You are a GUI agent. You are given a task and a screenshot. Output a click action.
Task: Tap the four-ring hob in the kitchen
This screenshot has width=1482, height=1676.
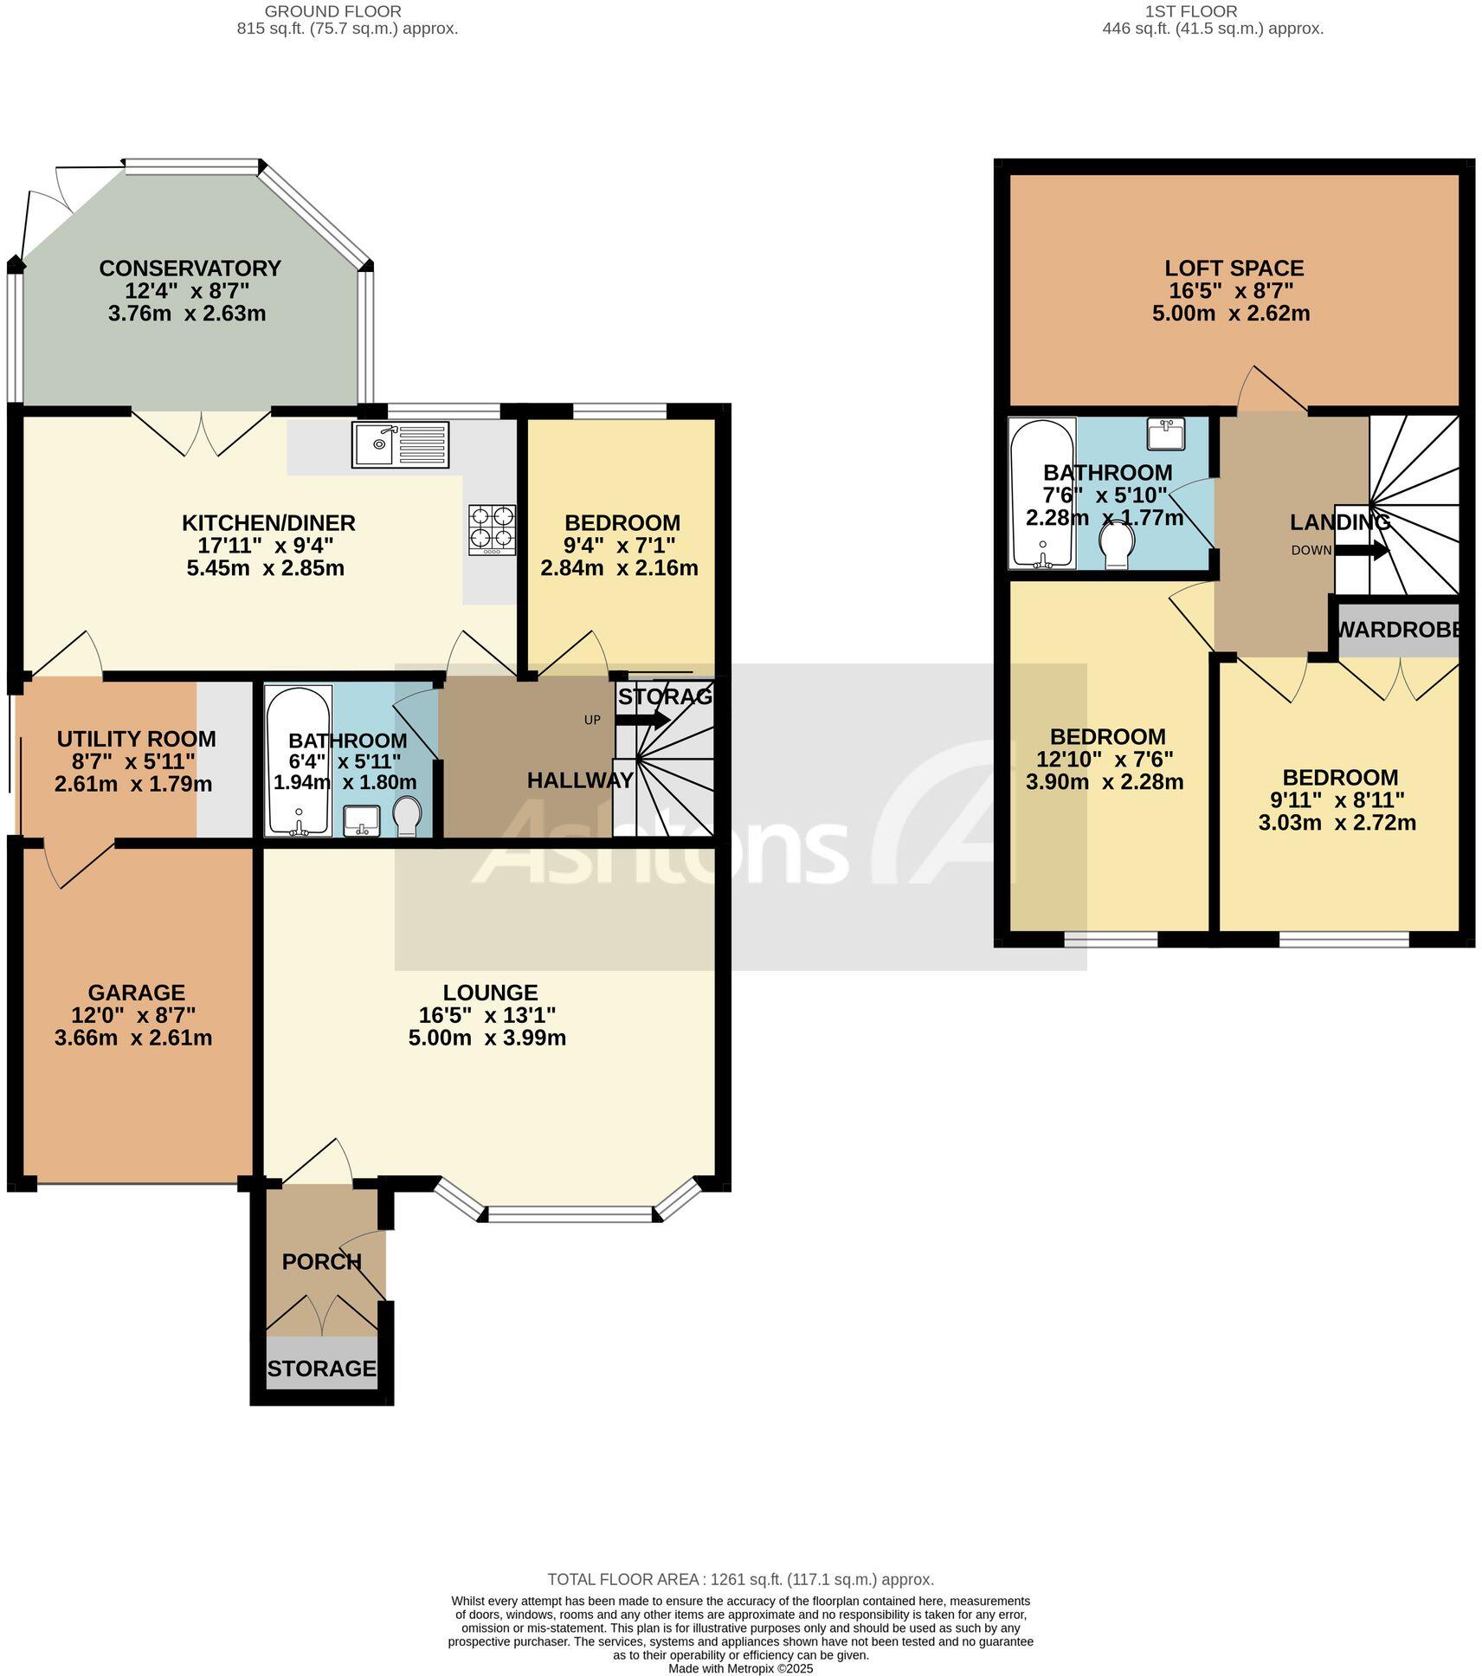(492, 529)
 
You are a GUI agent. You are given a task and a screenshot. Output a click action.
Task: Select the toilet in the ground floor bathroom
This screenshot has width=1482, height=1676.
(407, 816)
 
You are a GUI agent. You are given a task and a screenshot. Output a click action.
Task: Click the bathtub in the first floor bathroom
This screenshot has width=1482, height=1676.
(1042, 494)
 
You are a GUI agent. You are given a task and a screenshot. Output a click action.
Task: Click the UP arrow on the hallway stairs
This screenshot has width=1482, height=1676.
(642, 719)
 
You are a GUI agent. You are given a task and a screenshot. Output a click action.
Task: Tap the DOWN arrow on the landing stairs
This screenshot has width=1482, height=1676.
(1362, 550)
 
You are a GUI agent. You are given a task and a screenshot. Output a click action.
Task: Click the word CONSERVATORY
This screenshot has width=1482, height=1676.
(190, 269)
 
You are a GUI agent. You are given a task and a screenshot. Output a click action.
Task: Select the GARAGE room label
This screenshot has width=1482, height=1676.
(136, 993)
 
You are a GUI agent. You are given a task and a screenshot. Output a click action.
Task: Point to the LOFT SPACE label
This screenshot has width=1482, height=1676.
(1234, 269)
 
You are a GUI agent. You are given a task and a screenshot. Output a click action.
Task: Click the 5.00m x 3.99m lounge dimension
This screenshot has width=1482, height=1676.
(486, 1038)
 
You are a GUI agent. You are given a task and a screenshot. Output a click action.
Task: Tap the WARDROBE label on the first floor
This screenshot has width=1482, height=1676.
(1398, 630)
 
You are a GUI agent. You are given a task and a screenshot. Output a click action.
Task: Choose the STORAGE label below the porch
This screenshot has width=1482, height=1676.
(321, 1369)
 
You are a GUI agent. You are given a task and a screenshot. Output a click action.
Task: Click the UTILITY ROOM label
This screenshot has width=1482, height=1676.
(136, 739)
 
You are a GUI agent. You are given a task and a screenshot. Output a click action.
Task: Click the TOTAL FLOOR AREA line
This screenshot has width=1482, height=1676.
(740, 1580)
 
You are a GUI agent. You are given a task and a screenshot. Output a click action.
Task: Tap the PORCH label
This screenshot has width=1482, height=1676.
(321, 1262)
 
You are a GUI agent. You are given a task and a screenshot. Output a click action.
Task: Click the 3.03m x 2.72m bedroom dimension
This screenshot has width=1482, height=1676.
(1337, 822)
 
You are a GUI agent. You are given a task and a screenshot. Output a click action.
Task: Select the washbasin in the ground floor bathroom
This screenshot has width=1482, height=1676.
(361, 820)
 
